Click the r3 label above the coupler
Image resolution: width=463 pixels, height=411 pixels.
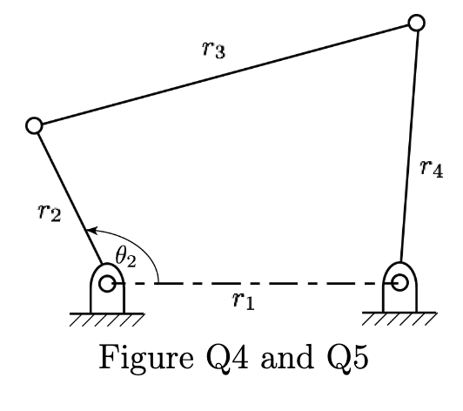[x=213, y=50]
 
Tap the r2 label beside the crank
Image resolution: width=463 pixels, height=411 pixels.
[x=49, y=212]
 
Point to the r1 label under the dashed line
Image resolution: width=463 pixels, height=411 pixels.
[x=243, y=301]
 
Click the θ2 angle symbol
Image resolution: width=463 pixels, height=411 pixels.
[x=126, y=257]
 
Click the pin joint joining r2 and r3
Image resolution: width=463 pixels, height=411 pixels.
[x=35, y=126]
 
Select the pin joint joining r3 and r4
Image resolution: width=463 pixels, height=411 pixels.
[x=416, y=22]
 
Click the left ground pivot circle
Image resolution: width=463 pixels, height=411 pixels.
[x=107, y=283]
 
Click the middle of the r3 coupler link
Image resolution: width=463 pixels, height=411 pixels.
[x=225, y=74]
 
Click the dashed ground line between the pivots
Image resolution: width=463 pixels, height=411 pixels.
[x=252, y=283]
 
